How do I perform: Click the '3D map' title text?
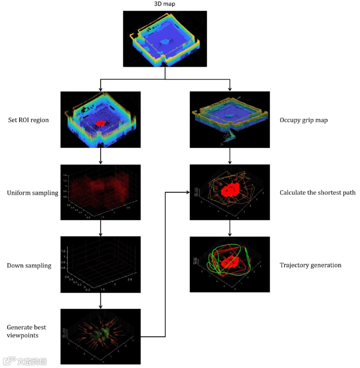pos(165,4)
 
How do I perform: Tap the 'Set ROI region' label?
pos(28,120)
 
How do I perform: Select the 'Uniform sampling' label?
pos(33,193)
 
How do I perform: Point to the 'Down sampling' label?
pos(29,266)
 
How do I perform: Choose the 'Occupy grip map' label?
pos(303,120)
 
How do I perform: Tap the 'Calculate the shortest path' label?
pos(317,193)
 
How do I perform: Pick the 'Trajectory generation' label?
pos(310,265)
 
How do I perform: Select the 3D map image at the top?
pos(165,38)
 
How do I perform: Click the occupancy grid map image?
pos(229,119)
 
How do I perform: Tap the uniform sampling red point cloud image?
pos(100,192)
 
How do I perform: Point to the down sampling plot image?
pos(100,265)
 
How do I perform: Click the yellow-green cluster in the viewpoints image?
pos(101,334)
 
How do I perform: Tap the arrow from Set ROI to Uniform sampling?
pos(100,156)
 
